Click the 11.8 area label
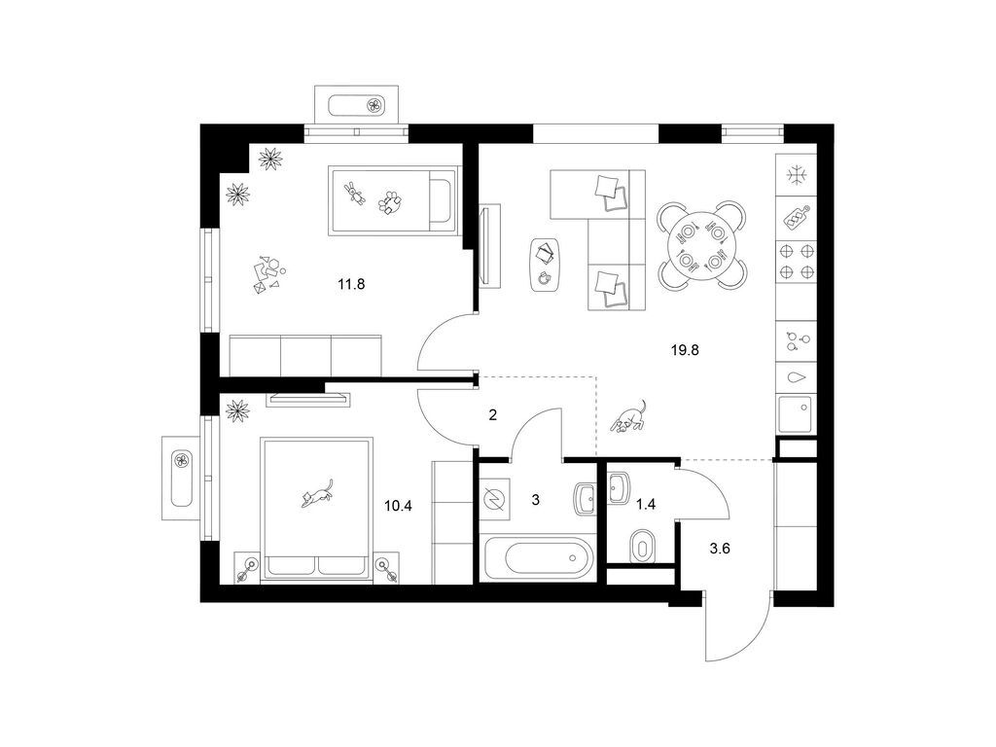(x=351, y=284)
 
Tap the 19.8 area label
(x=685, y=349)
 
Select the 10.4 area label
(x=398, y=506)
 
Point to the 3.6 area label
(x=720, y=549)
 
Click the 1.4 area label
(x=646, y=505)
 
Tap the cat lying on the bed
(x=318, y=493)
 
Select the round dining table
(x=701, y=244)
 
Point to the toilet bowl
(x=642, y=545)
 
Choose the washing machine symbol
(x=493, y=499)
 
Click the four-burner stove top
(x=797, y=261)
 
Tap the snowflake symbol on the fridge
(x=796, y=175)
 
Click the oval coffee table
(x=546, y=264)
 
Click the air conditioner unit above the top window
(x=357, y=104)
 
